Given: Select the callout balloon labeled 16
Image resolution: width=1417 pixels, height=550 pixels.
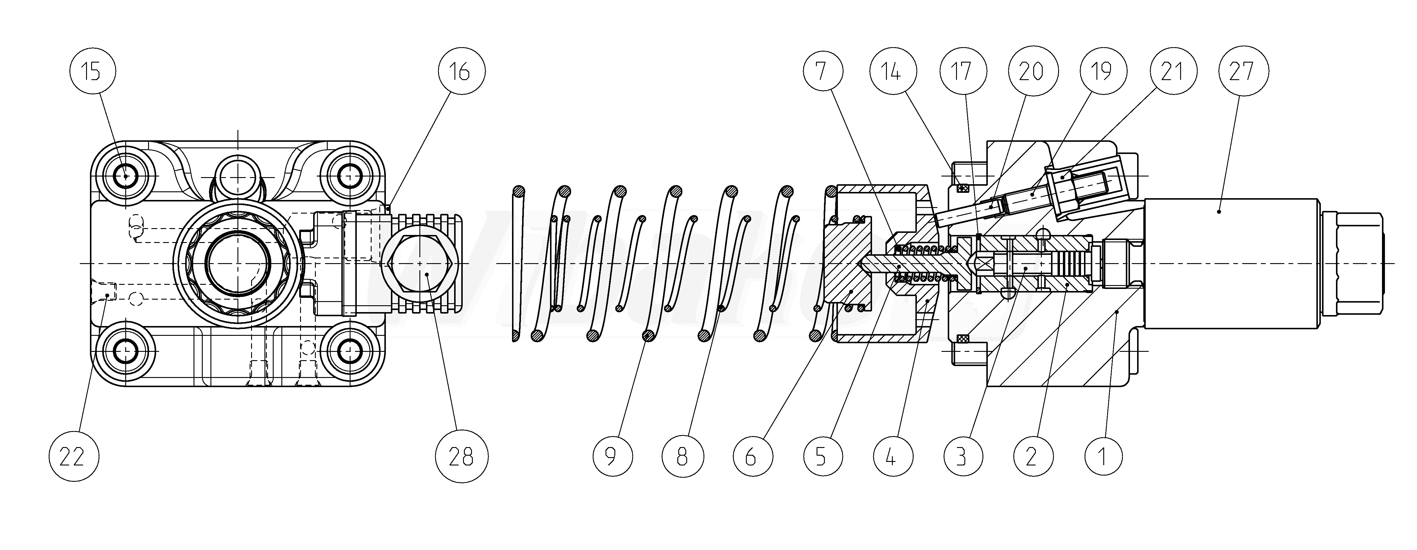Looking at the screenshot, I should pyautogui.click(x=461, y=71).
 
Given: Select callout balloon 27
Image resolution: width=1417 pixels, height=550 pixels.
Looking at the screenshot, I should pyautogui.click(x=1242, y=71).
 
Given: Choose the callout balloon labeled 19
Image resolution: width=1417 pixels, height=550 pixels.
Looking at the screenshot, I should pyautogui.click(x=1102, y=71).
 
